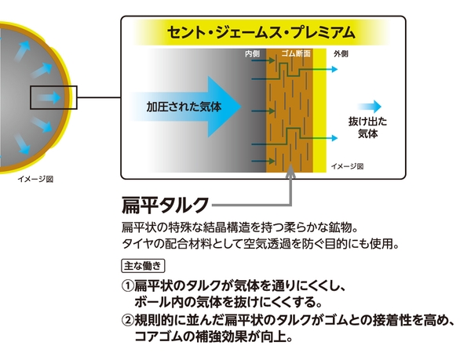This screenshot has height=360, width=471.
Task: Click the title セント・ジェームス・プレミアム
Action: [x=261, y=32]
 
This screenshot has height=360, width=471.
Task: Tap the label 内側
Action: [x=252, y=53]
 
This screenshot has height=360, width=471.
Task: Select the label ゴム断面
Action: [x=296, y=53]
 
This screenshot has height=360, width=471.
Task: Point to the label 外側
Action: [x=341, y=54]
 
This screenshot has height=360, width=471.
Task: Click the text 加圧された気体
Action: [x=184, y=107]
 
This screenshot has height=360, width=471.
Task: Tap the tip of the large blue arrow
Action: [x=241, y=107]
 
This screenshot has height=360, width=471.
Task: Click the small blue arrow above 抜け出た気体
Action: [x=370, y=107]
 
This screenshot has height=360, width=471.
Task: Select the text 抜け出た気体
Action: [x=367, y=128]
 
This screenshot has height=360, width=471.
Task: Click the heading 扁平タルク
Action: [x=165, y=205]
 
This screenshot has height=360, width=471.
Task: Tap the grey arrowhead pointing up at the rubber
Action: [x=290, y=172]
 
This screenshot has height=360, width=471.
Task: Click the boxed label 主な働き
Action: [x=143, y=266]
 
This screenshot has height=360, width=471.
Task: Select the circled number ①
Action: [x=127, y=286]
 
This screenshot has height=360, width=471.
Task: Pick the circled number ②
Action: [x=127, y=321]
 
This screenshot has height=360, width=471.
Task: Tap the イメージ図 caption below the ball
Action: [x=35, y=180]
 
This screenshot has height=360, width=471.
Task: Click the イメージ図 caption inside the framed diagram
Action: [x=347, y=166]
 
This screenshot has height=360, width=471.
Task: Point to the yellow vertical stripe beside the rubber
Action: [x=319, y=111]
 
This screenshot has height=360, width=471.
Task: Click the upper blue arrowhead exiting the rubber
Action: [x=334, y=69]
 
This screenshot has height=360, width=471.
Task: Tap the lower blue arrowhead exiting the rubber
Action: [x=334, y=138]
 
